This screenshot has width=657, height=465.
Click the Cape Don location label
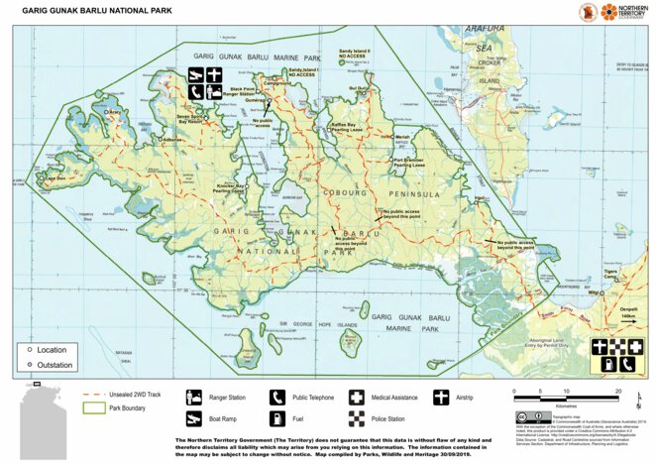[51, 178]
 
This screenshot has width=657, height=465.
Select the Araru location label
[114, 112]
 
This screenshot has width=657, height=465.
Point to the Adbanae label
[172, 139]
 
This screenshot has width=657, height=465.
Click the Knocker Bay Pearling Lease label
[231, 187]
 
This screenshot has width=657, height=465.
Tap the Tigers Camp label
[610, 274]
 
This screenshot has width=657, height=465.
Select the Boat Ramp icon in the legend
[195, 420]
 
